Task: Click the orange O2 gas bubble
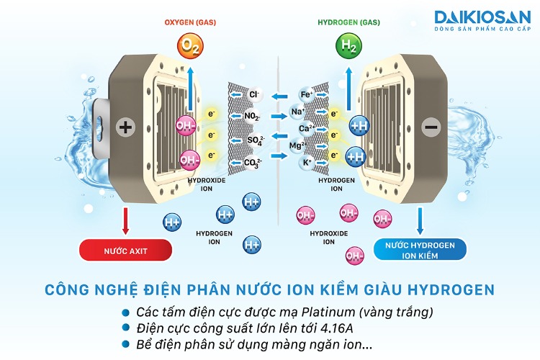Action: point(190,47)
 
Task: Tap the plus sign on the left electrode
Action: point(126,127)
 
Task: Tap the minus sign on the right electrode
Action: point(431,127)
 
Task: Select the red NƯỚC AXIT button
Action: point(126,250)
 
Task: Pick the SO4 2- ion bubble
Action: point(255,139)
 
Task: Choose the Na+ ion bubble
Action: point(297,112)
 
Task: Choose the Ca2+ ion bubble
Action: point(306,129)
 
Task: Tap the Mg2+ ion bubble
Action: point(297,146)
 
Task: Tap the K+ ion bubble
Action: point(307,163)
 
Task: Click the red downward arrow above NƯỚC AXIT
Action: point(126,220)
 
